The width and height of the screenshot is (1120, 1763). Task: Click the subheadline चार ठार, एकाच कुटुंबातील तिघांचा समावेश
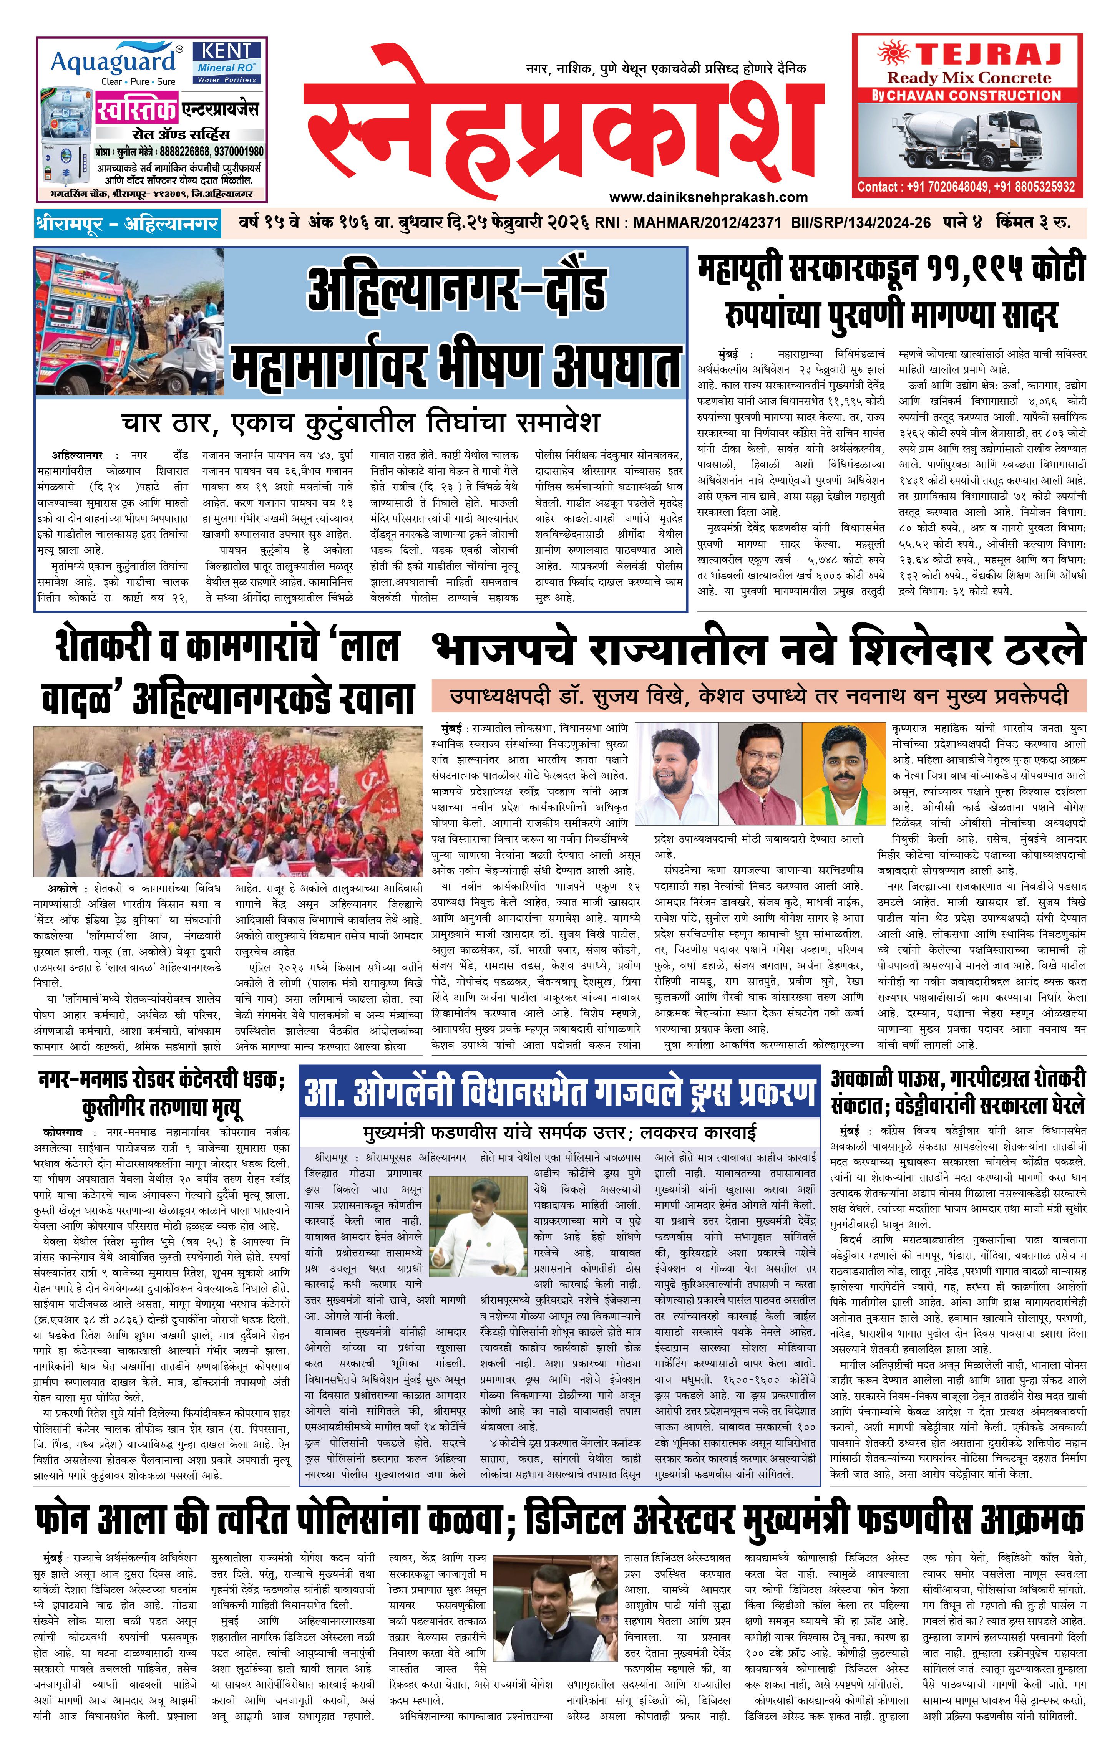[x=360, y=423]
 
